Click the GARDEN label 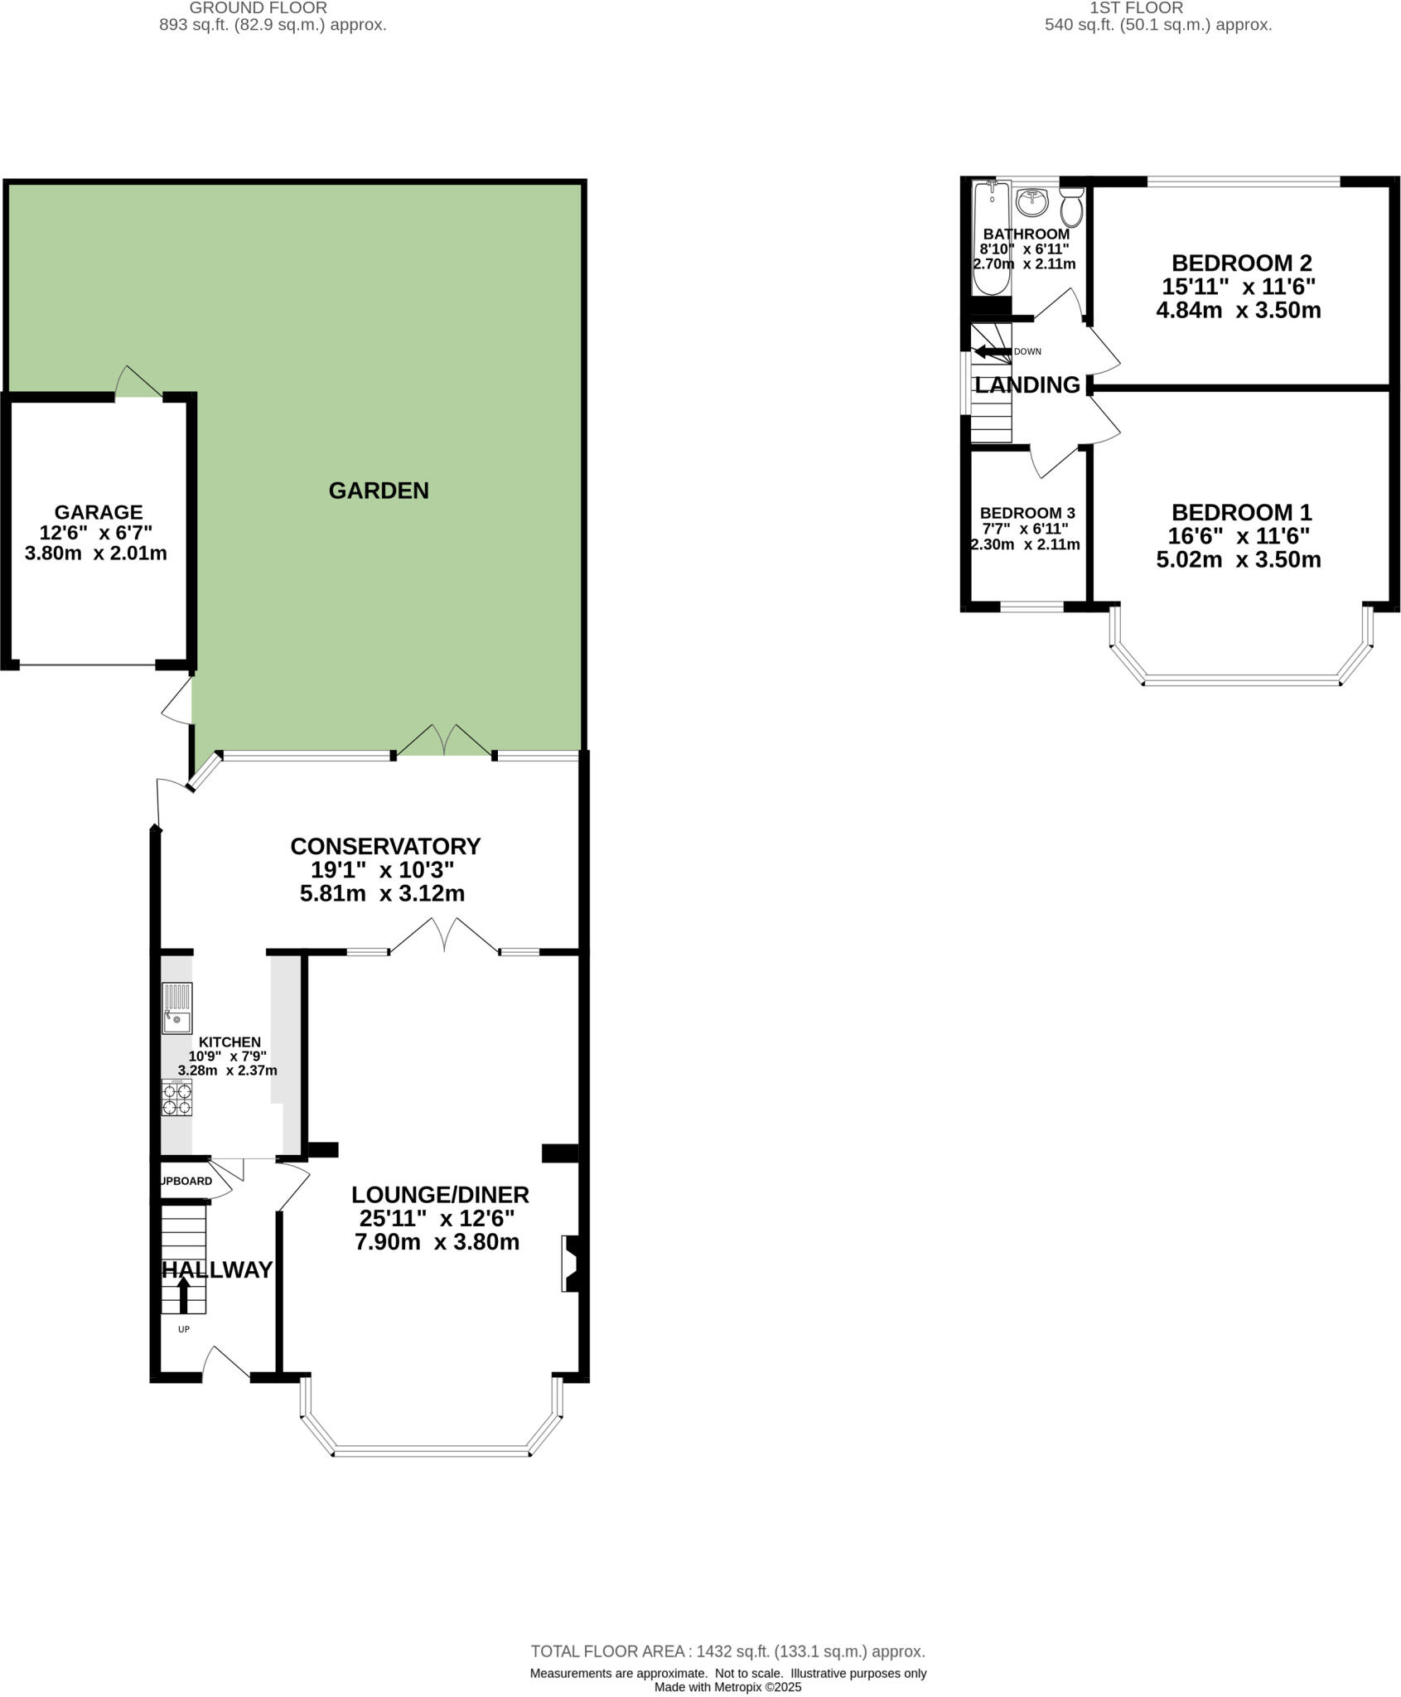click(x=379, y=491)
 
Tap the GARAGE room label click(x=98, y=512)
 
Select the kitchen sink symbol click(x=176, y=1008)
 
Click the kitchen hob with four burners click(x=176, y=1098)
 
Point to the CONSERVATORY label click(x=385, y=846)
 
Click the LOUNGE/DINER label click(x=440, y=1195)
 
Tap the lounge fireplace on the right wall click(x=570, y=1263)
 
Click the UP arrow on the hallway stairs click(x=183, y=1294)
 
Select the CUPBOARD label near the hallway click(x=186, y=1181)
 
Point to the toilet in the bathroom click(x=1071, y=207)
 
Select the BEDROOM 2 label click(x=1241, y=263)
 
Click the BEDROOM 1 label click(x=1241, y=512)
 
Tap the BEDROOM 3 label click(x=1027, y=514)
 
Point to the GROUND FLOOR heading click(x=258, y=8)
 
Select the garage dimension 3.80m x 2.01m click(x=96, y=554)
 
